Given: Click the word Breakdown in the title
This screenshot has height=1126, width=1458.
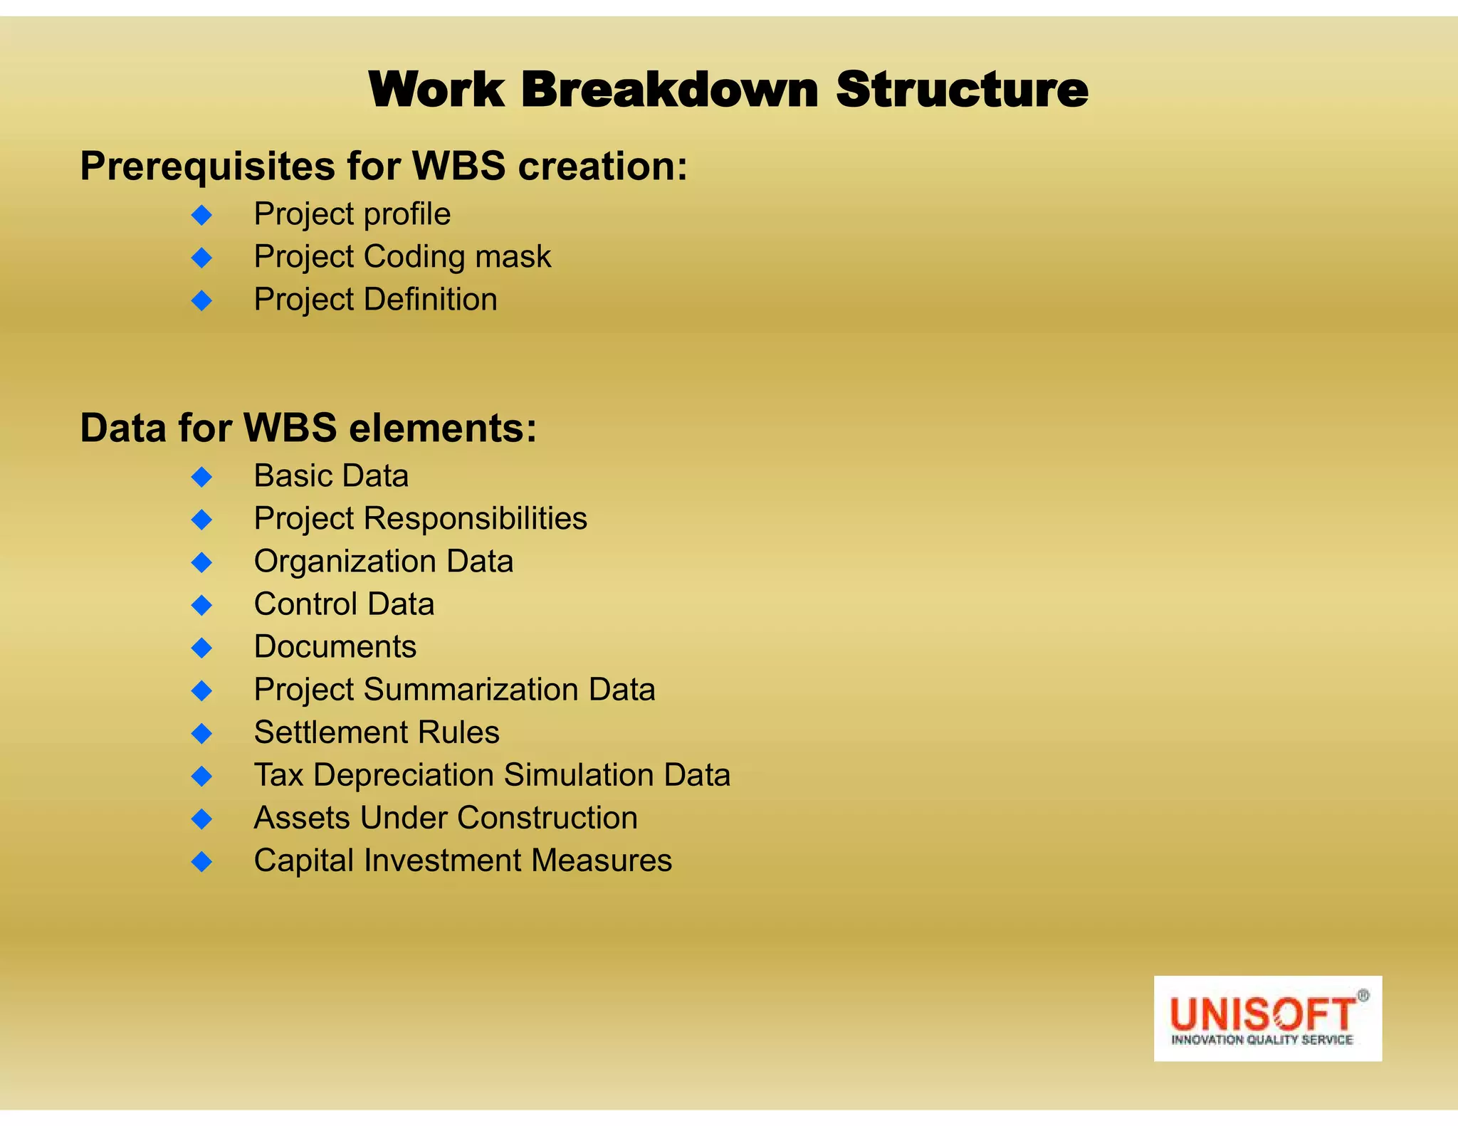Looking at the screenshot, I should click(x=669, y=90).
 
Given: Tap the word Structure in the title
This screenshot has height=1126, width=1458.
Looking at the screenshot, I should click(x=961, y=90).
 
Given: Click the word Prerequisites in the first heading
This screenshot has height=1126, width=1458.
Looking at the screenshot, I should click(x=207, y=167).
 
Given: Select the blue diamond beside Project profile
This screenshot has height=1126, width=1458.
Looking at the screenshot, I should click(x=202, y=215).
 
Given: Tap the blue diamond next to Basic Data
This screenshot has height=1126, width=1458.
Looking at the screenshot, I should click(x=202, y=477).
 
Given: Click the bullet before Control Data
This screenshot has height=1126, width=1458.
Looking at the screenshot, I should click(x=202, y=605).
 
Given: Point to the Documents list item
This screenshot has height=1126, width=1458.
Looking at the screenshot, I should click(x=335, y=647).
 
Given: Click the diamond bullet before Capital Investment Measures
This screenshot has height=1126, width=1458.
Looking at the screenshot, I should click(x=202, y=861).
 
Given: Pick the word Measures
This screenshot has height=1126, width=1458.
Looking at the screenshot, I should click(x=601, y=861).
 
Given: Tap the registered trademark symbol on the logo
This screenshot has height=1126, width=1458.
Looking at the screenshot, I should click(x=1363, y=996).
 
